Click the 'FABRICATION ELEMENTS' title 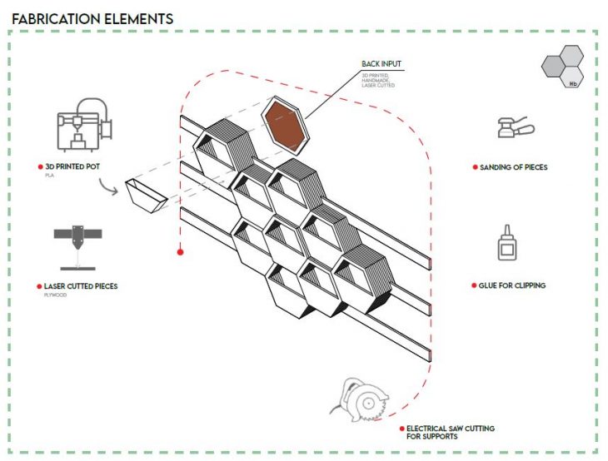[92, 17]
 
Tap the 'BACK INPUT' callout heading [381, 64]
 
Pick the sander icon [511, 129]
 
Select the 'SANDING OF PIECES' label [513, 167]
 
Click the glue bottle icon [506, 244]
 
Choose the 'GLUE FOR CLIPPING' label [512, 285]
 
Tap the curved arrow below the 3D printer [109, 187]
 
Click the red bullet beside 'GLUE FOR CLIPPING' [473, 285]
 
